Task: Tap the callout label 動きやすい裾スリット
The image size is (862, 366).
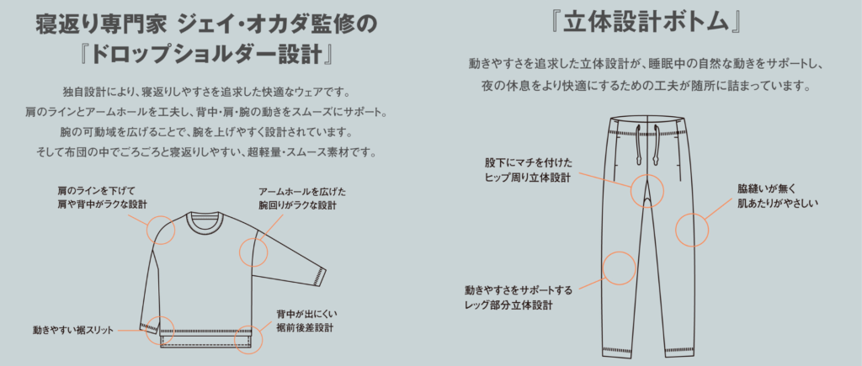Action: pyautogui.click(x=73, y=331)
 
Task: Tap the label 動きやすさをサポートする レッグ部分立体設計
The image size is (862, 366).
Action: pyautogui.click(x=510, y=297)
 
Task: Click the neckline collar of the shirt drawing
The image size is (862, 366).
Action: pyautogui.click(x=204, y=219)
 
